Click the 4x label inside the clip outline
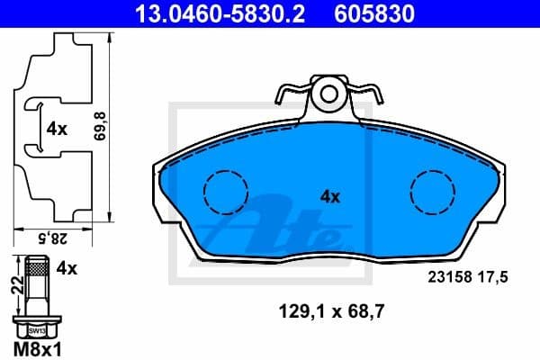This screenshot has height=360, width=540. point(57,129)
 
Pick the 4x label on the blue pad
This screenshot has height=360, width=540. point(330,195)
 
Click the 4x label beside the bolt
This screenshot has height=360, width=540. point(66,266)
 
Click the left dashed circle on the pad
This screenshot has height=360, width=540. point(226,192)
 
